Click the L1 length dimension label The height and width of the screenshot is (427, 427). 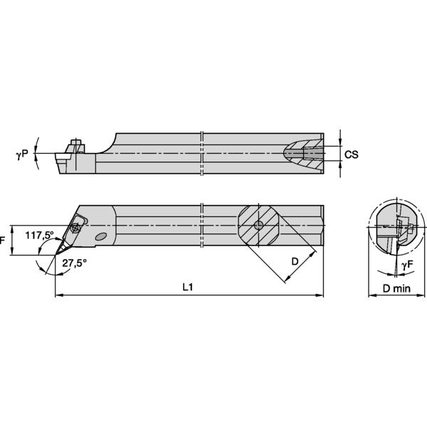coord(188,287)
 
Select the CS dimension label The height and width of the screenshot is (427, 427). coord(350,154)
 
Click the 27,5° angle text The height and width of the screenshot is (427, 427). coord(74,263)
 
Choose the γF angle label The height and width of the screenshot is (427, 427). coord(406,265)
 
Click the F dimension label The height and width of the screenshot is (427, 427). coord(2,240)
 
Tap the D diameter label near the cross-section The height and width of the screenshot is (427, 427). coord(295,261)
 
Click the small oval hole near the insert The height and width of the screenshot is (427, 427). coord(100,236)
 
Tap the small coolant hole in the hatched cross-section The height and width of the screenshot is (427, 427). coord(258,226)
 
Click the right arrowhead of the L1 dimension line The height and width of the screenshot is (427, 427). coord(320,295)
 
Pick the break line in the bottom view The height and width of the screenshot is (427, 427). coord(202,226)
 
